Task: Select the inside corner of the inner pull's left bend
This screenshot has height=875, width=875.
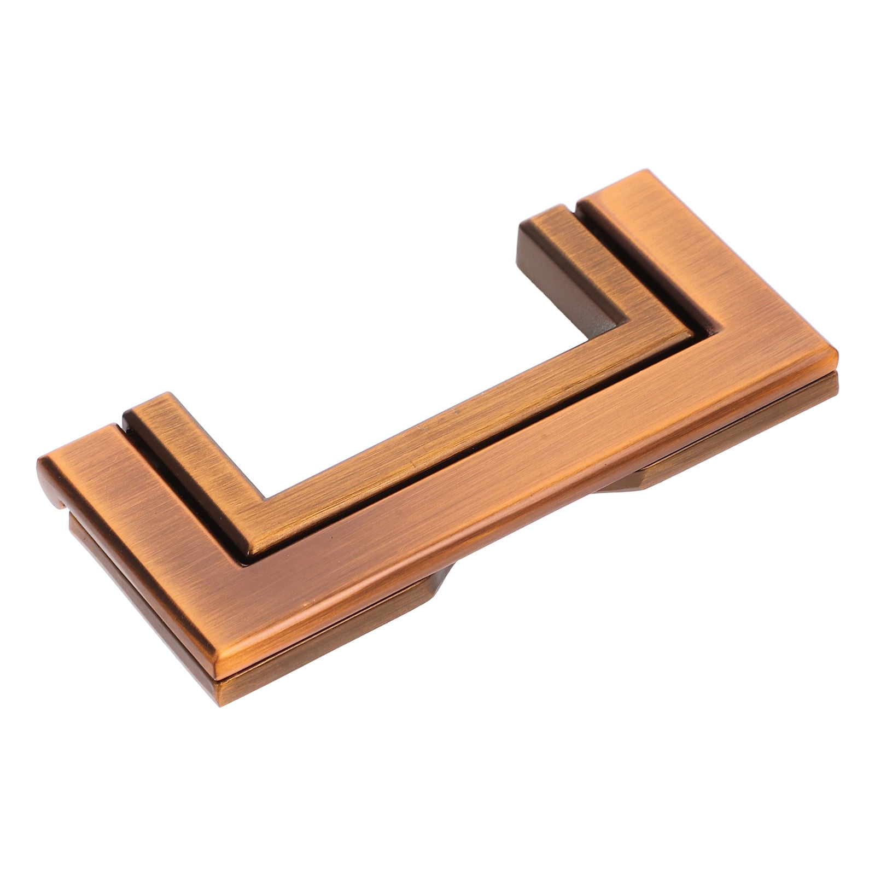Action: [x=266, y=498]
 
